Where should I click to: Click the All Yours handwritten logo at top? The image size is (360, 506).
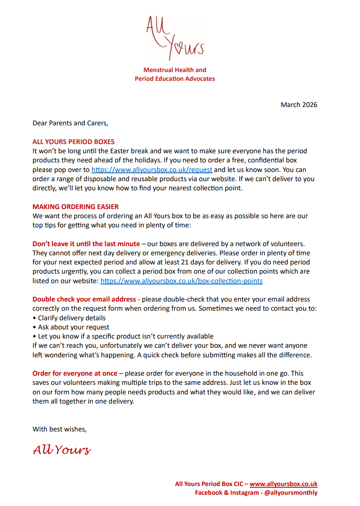[175, 37]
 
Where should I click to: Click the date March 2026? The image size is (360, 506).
[299, 105]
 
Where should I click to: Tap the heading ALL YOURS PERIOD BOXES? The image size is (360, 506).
[73, 142]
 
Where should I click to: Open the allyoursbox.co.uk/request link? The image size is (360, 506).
[152, 169]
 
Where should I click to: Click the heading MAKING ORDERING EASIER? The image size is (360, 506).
[75, 207]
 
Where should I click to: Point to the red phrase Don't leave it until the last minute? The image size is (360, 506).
[86, 244]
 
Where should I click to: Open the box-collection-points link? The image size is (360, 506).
[181, 281]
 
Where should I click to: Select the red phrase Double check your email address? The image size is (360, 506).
[84, 299]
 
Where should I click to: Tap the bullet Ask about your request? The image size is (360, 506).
[71, 327]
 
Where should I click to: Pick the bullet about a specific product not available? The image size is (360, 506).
[123, 336]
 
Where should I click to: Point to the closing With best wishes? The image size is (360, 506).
[60, 429]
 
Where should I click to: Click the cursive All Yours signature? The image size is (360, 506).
[62, 450]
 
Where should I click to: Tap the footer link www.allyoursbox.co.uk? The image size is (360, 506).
[283, 484]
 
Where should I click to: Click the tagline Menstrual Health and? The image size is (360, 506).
[175, 70]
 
